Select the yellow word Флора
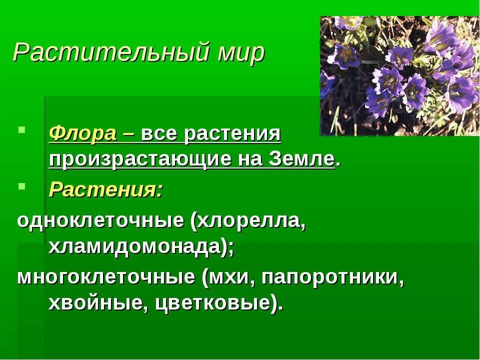pyautogui.click(x=83, y=134)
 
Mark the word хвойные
pyautogui.click(x=94, y=303)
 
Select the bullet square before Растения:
pyautogui.click(x=20, y=185)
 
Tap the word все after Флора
pyautogui.click(x=159, y=134)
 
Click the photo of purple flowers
pyautogui.click(x=399, y=76)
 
